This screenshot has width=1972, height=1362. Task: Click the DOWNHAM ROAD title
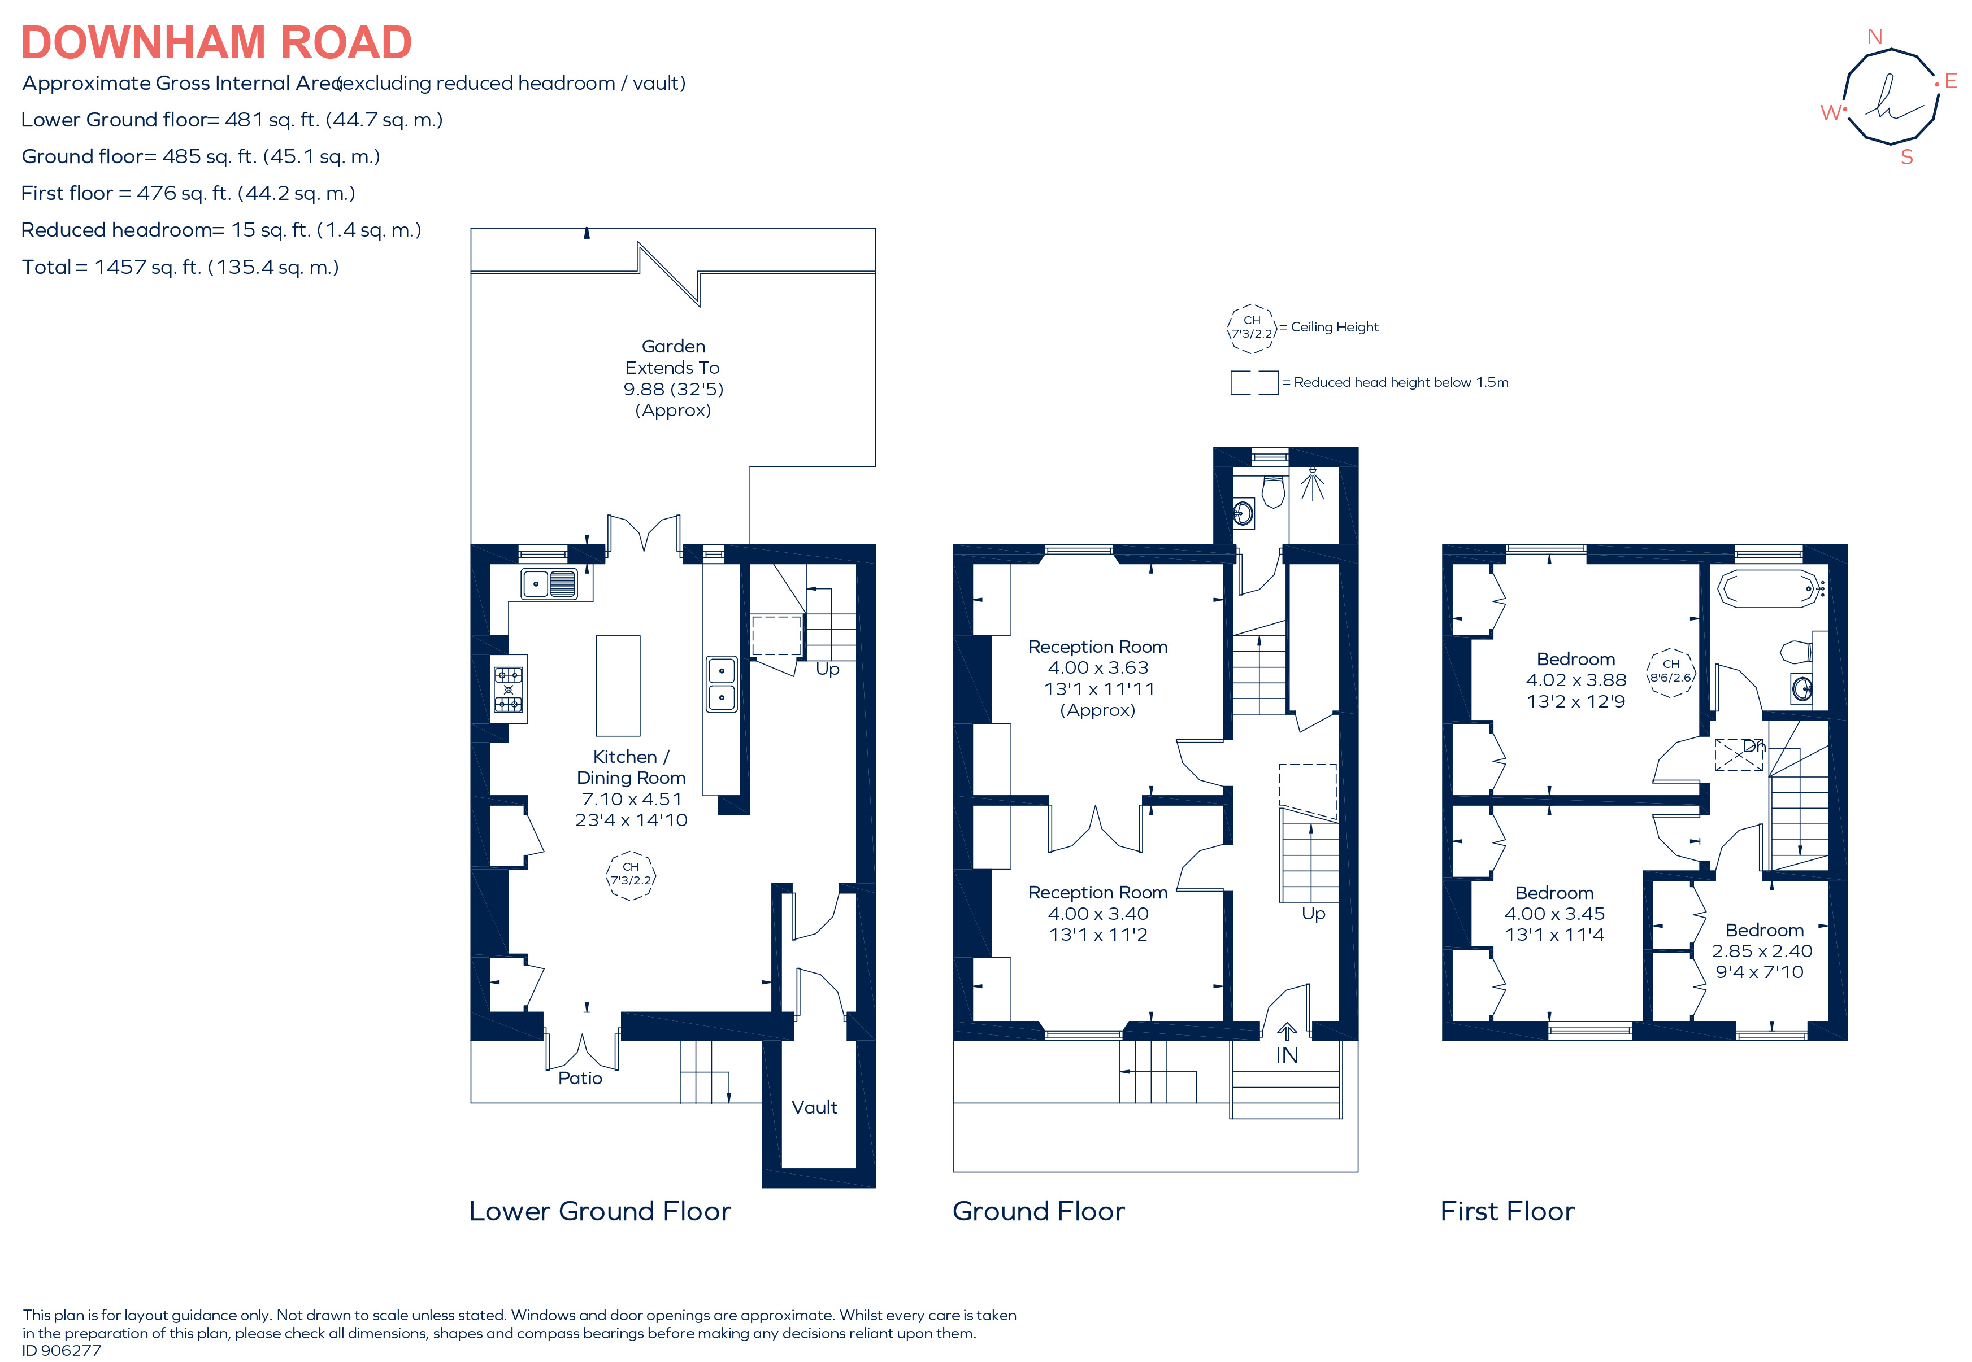[216, 43]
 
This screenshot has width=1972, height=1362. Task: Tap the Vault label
[814, 1107]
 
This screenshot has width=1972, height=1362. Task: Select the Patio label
[580, 1078]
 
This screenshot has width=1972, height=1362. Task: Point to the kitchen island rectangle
[617, 686]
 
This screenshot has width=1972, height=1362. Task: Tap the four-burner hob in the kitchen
[508, 689]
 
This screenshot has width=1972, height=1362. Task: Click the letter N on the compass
[1875, 37]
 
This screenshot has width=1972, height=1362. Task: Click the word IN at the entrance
[1287, 1055]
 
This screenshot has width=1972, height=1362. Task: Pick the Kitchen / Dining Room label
[631, 767]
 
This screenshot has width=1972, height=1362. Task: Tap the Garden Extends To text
[673, 357]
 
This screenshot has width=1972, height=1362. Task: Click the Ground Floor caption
[1038, 1211]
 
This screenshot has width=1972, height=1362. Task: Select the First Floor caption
[1507, 1211]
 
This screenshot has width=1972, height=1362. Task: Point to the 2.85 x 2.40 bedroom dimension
[1762, 951]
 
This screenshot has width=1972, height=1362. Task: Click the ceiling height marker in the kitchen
[631, 875]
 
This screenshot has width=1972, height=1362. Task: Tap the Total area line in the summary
[180, 267]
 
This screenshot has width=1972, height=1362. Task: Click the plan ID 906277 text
[62, 1350]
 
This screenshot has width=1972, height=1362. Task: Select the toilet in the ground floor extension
[1273, 492]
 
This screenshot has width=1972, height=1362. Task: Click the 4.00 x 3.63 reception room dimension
[1098, 667]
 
